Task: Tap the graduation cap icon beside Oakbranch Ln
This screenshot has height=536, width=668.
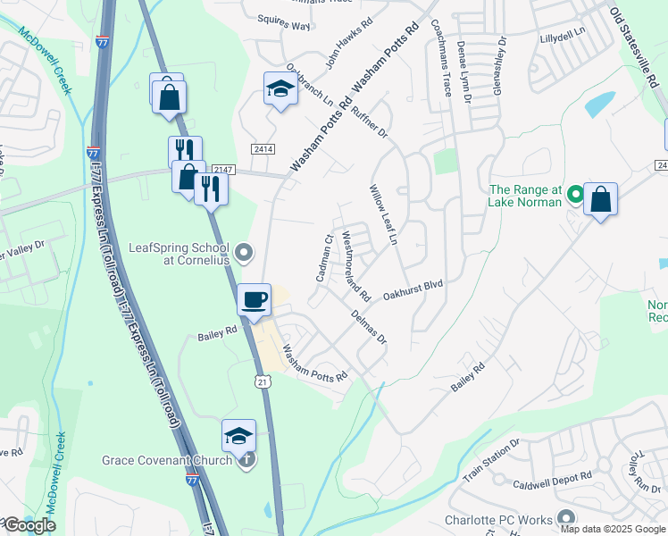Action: click(280, 88)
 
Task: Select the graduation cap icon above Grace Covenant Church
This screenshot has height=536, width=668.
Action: click(238, 435)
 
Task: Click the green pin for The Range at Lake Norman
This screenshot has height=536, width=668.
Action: click(577, 193)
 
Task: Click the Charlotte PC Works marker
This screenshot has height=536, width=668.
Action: click(564, 518)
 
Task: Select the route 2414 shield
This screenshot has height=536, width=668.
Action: click(263, 148)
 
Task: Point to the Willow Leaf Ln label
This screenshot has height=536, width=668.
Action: click(383, 216)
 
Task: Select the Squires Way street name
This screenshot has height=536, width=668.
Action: click(283, 26)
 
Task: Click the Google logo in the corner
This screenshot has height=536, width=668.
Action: click(29, 525)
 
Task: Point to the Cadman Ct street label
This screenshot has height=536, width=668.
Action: click(323, 258)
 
